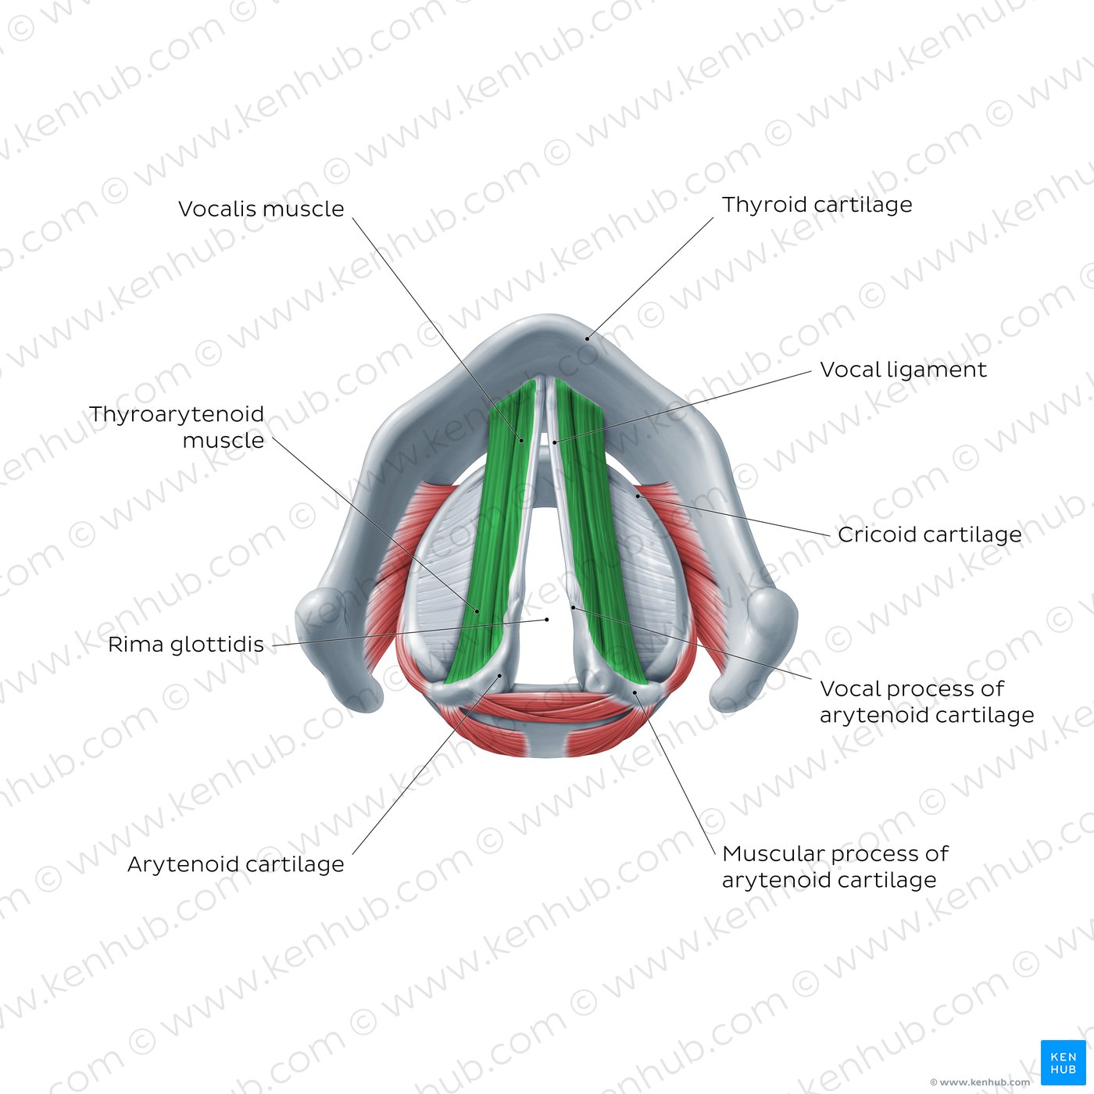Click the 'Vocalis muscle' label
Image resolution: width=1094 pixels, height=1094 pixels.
(x=261, y=209)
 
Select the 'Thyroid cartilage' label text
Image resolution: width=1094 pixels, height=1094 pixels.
(x=817, y=205)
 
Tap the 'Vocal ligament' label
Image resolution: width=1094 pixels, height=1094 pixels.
(x=903, y=370)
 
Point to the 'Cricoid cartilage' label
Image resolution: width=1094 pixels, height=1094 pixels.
(x=929, y=534)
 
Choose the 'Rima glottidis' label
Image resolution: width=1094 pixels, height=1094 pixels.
(x=186, y=645)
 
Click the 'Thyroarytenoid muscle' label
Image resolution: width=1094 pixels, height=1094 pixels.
(x=177, y=427)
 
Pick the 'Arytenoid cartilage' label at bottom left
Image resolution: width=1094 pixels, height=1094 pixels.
(x=236, y=864)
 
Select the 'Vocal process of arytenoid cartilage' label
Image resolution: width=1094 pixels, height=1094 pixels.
(x=927, y=702)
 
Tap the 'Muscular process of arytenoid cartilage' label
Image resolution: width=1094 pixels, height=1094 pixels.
(x=835, y=867)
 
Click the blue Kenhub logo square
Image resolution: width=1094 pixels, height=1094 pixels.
(x=1063, y=1063)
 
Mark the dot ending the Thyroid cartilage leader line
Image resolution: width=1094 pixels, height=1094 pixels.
(x=588, y=339)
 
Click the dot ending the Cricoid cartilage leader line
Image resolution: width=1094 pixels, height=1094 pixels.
(x=638, y=495)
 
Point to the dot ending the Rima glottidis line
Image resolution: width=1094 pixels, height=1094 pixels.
(x=547, y=620)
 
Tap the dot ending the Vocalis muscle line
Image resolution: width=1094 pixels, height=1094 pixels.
(x=521, y=440)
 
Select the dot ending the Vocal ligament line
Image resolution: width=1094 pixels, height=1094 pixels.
(x=555, y=442)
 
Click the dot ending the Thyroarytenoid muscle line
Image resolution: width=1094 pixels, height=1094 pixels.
(x=477, y=611)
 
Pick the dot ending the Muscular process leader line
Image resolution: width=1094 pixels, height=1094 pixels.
(x=635, y=692)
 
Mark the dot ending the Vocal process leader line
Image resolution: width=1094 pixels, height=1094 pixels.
(x=573, y=607)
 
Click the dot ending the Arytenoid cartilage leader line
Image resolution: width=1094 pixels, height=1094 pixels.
(x=500, y=675)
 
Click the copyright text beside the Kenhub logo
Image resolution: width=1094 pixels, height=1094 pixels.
(x=980, y=1082)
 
